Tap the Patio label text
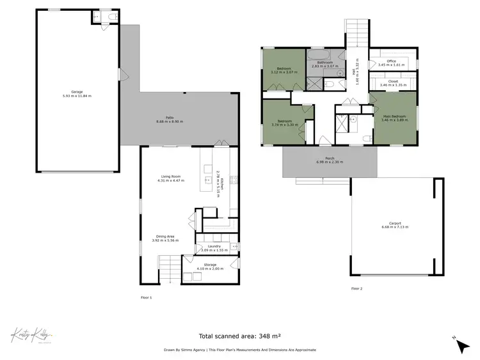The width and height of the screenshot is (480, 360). pos(170,119)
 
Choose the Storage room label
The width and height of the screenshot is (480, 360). pos(210,265)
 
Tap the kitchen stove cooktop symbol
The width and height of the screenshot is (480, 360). pos(234,181)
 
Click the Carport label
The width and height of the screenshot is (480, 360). pos(395,224)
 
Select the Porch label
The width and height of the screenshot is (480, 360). pos(330,160)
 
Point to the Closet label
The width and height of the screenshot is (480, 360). pos(392,82)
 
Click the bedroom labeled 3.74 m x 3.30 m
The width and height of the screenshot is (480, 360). pos(284,123)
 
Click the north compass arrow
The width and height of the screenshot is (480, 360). pos(461,345)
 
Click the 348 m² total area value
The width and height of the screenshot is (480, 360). pos(269,336)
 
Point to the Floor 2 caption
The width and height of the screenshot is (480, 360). pos(356,289)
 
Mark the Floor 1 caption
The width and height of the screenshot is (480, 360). pos(146,297)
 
